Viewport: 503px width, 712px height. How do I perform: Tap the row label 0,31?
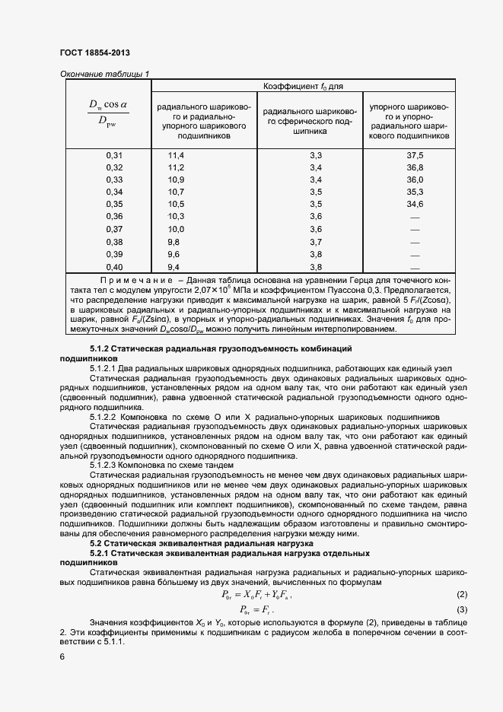click(114, 155)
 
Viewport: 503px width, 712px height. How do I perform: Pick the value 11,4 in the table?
click(177, 155)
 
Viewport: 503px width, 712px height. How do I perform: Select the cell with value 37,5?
click(415, 155)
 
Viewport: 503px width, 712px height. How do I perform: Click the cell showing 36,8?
click(415, 167)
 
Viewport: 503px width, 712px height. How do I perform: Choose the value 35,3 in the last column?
click(415, 192)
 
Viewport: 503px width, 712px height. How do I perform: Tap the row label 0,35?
click(114, 204)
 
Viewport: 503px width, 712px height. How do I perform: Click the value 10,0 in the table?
click(177, 229)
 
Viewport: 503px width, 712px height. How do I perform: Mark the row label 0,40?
click(114, 266)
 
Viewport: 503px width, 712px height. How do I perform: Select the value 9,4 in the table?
click(174, 266)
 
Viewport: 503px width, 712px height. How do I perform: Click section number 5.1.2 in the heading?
click(101, 348)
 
